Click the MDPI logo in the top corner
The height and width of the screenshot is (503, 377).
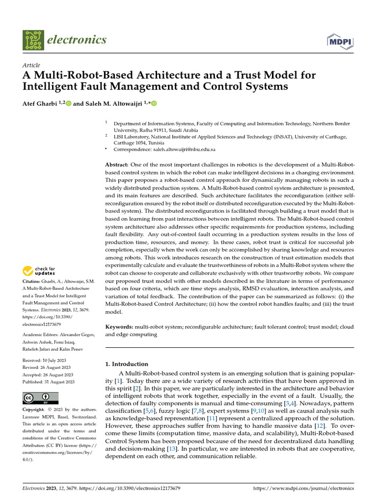point(340,42)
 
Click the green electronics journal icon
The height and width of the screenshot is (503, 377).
point(33,41)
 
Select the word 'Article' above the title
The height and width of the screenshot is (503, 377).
point(31,65)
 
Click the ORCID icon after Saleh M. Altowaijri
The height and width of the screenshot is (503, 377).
point(154,103)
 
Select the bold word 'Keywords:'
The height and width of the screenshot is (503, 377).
point(119,326)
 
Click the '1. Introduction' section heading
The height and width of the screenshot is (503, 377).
point(127,364)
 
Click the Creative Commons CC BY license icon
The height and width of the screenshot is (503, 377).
point(40,398)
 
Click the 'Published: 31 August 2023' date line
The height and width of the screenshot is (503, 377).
point(49,382)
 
